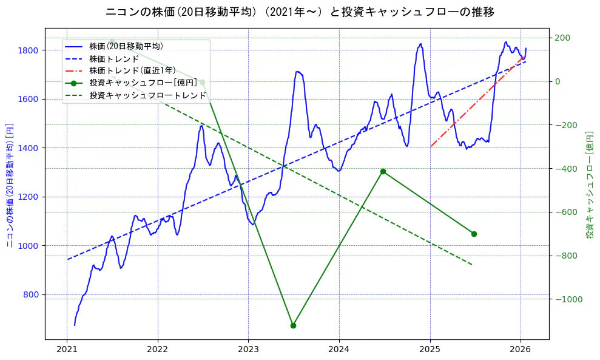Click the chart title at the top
(x=300, y=12)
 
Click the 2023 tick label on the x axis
(x=248, y=350)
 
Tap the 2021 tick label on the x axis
(x=67, y=350)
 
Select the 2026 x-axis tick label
(x=521, y=350)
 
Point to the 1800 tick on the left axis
(x=31, y=50)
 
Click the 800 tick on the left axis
(x=33, y=294)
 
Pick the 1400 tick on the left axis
(x=31, y=148)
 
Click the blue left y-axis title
(x=10, y=183)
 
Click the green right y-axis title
(x=590, y=183)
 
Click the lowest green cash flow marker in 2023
(x=293, y=325)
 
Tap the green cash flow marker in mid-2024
(x=383, y=171)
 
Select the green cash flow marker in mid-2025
(x=474, y=234)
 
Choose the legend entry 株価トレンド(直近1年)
(x=131, y=70)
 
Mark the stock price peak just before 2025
(x=420, y=44)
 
